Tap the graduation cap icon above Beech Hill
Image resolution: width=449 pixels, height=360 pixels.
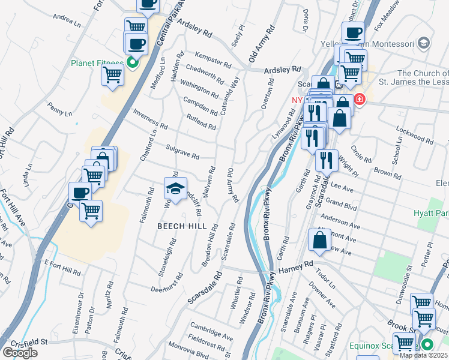pos(175,189)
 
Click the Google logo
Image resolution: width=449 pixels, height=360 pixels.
pos(20,353)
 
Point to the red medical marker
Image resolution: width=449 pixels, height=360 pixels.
pos(360,99)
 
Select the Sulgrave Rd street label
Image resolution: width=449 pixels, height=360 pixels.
pos(182,151)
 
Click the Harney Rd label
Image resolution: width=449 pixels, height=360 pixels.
pos(296,263)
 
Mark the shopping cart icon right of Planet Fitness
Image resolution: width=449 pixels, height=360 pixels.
pos(112,76)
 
